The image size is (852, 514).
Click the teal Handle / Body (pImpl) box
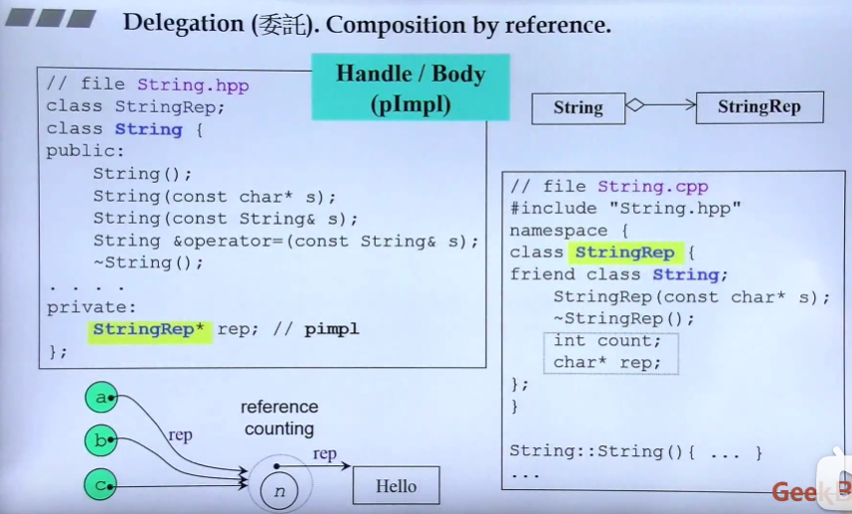pyautogui.click(x=411, y=87)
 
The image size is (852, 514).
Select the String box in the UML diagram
pyautogui.click(x=578, y=108)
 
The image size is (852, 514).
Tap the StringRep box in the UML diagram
pyautogui.click(x=759, y=107)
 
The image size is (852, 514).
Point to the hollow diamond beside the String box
pyautogui.click(x=635, y=104)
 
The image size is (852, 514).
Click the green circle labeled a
pyautogui.click(x=100, y=399)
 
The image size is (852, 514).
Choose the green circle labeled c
pyautogui.click(x=100, y=485)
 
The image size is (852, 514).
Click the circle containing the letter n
pyautogui.click(x=279, y=489)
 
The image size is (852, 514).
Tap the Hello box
pyautogui.click(x=396, y=486)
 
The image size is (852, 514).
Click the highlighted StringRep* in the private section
pyautogui.click(x=149, y=329)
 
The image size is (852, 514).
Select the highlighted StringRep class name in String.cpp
pyautogui.click(x=624, y=253)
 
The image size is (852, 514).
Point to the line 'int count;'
pyautogui.click(x=606, y=341)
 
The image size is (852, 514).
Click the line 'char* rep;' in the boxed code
pyautogui.click(x=606, y=363)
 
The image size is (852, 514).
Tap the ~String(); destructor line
pyautogui.click(x=148, y=262)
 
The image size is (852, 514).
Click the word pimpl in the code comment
pyautogui.click(x=331, y=329)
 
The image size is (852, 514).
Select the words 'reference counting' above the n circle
pyautogui.click(x=279, y=418)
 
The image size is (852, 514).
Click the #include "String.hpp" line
pyautogui.click(x=625, y=208)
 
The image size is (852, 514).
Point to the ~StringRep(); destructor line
pyautogui.click(x=623, y=319)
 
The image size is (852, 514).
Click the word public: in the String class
pyautogui.click(x=85, y=151)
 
